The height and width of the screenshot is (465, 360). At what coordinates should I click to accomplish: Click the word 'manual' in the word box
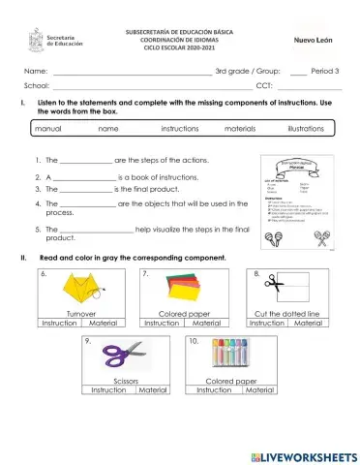coord(47,129)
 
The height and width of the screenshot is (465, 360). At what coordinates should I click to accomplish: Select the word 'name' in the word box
coord(108,129)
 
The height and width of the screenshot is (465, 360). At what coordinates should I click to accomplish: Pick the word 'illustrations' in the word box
coord(306,129)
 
